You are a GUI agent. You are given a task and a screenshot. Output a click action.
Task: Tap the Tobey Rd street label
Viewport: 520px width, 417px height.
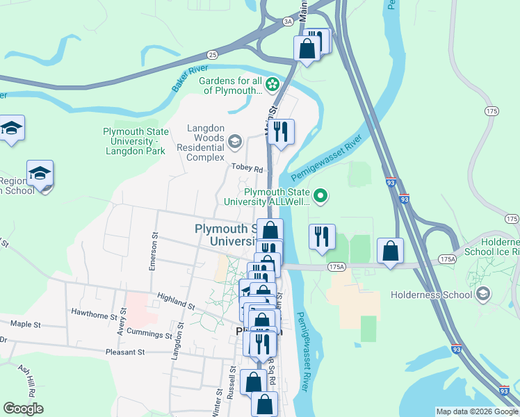pos(248,169)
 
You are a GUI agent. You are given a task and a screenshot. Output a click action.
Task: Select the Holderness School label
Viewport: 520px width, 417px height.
pos(431,295)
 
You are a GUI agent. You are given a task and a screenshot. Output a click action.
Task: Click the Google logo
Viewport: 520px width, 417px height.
pos(24,409)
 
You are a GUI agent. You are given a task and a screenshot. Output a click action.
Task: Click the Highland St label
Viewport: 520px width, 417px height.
pos(176,300)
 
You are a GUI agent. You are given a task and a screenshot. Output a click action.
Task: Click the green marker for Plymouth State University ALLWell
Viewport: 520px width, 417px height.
pos(320,197)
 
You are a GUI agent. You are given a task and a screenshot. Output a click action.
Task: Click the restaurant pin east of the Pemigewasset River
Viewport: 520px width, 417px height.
pos(321,236)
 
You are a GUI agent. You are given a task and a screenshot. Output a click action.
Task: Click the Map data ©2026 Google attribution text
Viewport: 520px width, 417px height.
pos(476,411)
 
